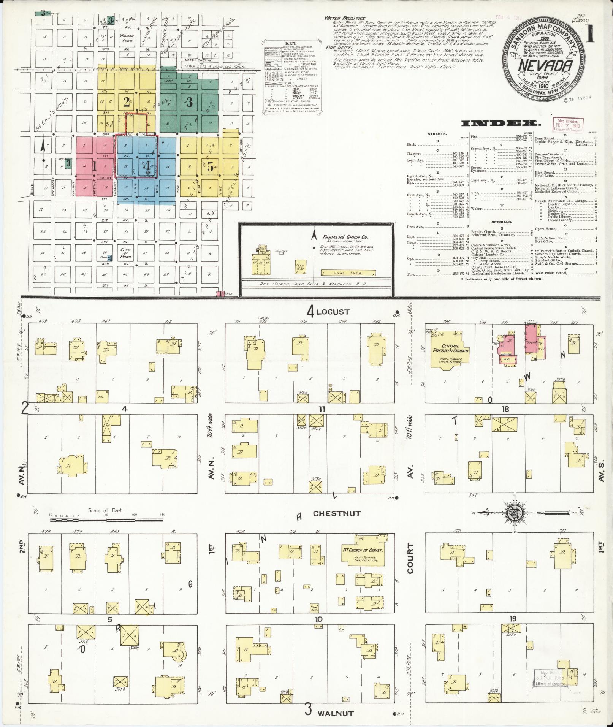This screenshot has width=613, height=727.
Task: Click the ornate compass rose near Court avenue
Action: click(513, 513)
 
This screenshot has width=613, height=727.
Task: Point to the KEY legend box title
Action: click(291, 44)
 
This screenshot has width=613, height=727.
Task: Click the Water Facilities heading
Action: click(345, 18)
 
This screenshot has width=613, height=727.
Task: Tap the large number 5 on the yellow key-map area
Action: click(211, 166)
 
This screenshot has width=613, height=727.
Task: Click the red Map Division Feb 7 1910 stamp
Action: click(568, 124)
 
